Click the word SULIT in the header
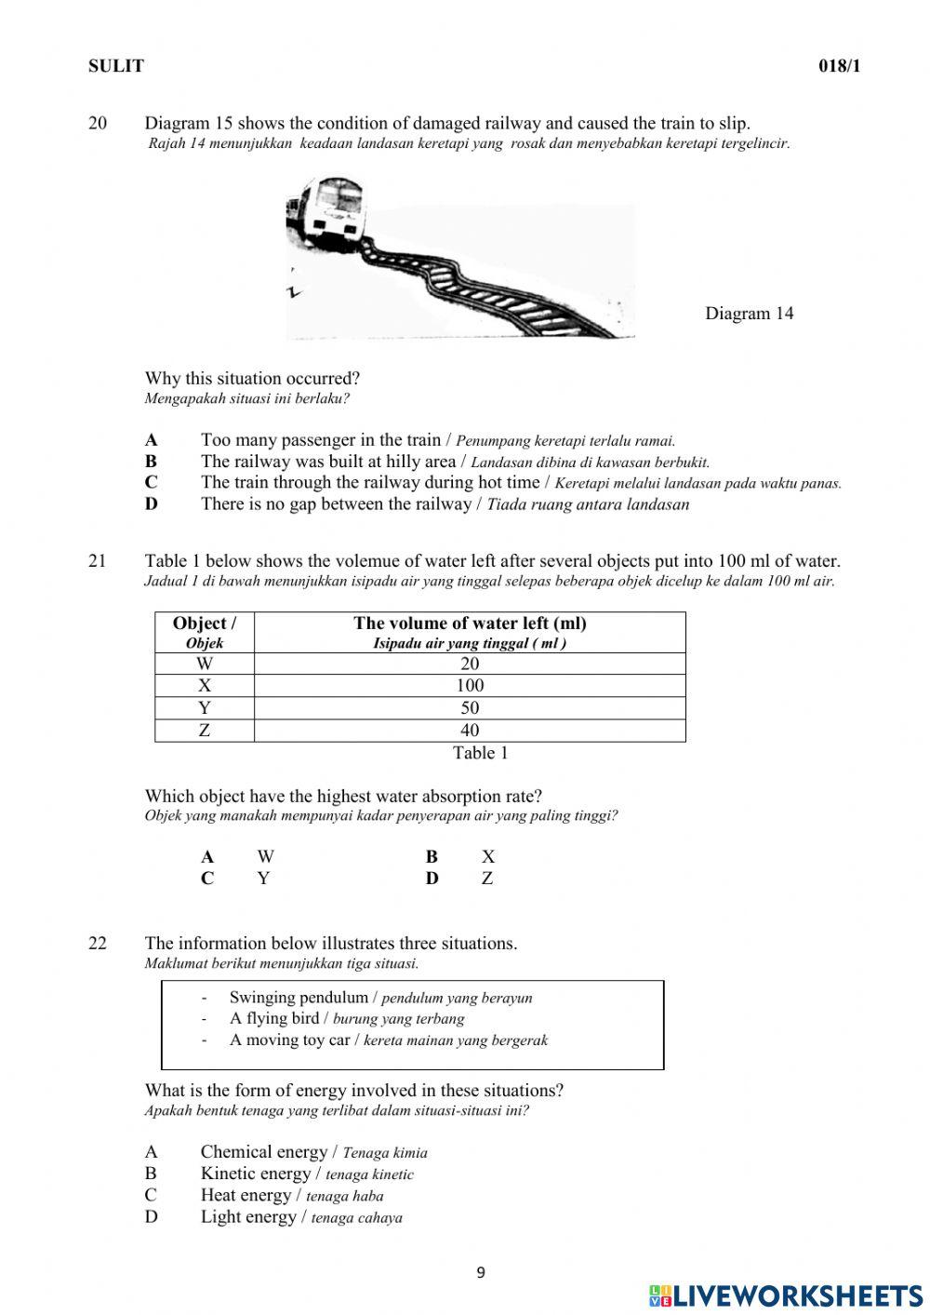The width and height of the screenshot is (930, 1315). point(116,66)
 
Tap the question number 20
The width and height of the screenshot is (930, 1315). point(98,123)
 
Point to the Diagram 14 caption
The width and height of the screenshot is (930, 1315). point(749,314)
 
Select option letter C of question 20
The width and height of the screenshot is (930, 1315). point(151,483)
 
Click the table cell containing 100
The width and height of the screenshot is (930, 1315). point(470,686)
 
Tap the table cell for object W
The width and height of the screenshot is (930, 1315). point(205,664)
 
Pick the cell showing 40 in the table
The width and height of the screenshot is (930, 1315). point(470,731)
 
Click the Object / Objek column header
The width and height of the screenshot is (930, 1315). point(205,632)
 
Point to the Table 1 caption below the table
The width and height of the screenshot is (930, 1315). point(480,753)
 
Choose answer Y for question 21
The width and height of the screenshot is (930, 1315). point(263,879)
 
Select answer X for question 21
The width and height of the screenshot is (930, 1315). point(488,857)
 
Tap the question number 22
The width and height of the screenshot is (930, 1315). point(98,944)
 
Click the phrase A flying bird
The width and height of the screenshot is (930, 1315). point(274,1019)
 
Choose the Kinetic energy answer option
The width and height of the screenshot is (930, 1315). point(255,1174)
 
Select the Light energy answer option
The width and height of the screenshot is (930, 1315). point(246,1217)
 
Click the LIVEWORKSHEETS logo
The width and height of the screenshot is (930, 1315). point(786,1295)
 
